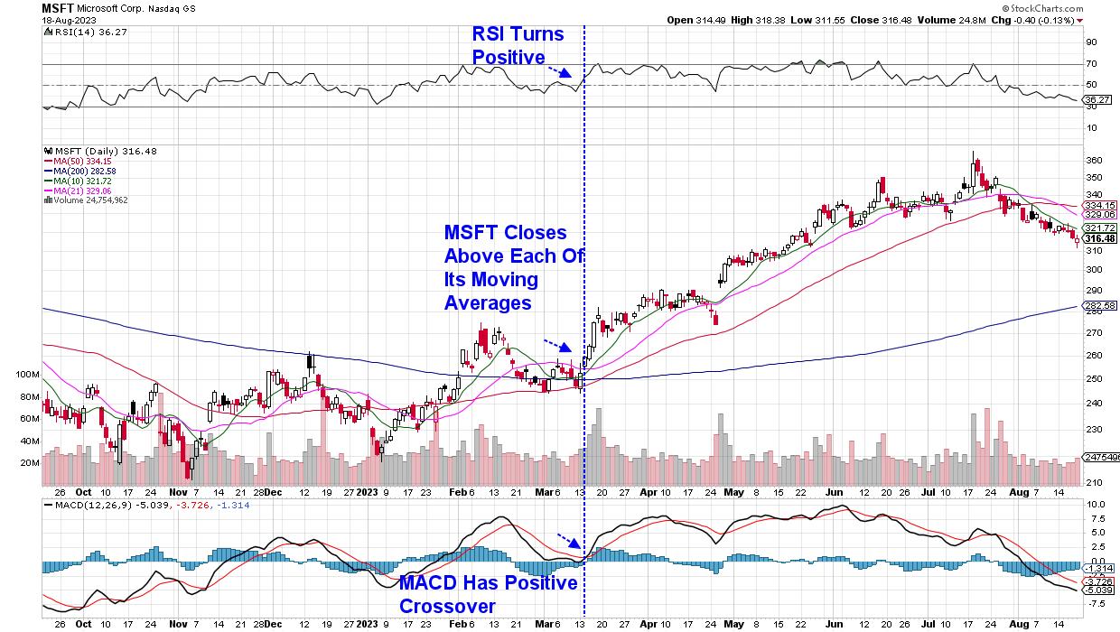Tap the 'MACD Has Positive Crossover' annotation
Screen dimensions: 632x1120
pos(489,594)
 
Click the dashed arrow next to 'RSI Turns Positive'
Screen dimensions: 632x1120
pos(559,70)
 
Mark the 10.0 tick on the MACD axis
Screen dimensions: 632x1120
pos(1096,505)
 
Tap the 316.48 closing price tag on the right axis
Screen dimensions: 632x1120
pos(1099,238)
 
